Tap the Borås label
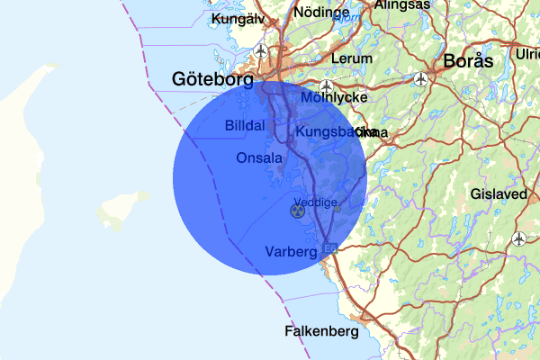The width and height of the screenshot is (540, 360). pyautogui.click(x=469, y=62)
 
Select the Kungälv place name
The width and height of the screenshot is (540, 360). pyautogui.click(x=237, y=18)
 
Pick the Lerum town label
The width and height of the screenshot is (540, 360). pyautogui.click(x=351, y=58)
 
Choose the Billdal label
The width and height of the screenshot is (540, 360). pyautogui.click(x=245, y=125)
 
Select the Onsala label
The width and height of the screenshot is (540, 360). pyautogui.click(x=259, y=157)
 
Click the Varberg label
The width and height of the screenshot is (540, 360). pyautogui.click(x=291, y=251)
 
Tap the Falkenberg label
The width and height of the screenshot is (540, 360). pyautogui.click(x=321, y=330)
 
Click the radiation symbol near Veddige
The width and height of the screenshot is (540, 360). pyautogui.click(x=297, y=211)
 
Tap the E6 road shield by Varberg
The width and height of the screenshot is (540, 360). pyautogui.click(x=329, y=247)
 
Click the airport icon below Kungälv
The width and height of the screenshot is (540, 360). pyautogui.click(x=262, y=50)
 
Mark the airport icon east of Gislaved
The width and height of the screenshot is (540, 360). pyautogui.click(x=519, y=238)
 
